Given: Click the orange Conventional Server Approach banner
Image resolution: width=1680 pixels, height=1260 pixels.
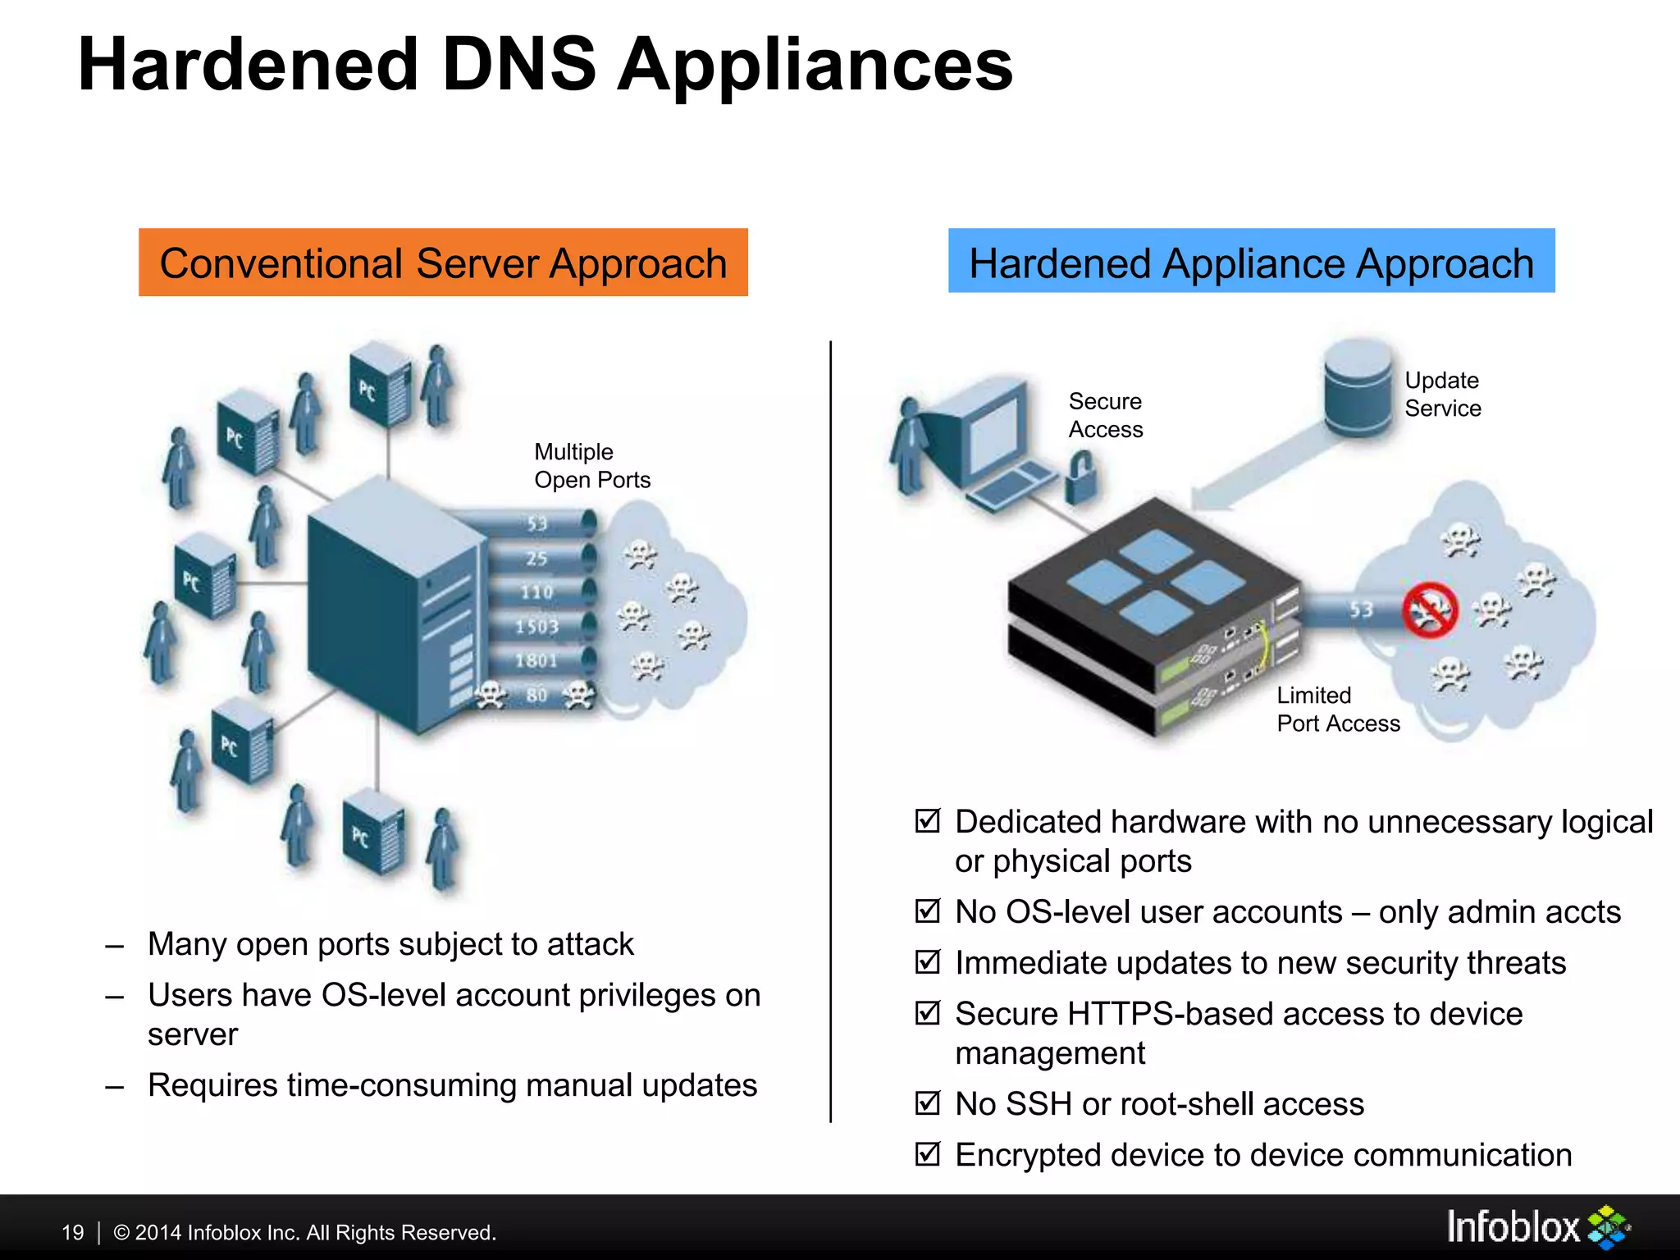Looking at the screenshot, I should (x=443, y=262).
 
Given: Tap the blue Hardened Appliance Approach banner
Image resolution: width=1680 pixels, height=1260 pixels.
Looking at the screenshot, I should (x=1251, y=261).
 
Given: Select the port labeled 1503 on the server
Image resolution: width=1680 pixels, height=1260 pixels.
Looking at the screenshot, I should (x=537, y=627).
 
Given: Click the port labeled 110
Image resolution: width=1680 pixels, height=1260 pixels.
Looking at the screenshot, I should (x=537, y=591).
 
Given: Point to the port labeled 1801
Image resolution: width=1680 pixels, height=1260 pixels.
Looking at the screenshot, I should (x=536, y=660).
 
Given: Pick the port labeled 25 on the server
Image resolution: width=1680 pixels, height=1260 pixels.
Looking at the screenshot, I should (x=537, y=559).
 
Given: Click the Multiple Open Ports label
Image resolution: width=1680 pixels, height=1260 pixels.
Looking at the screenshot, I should (x=591, y=466).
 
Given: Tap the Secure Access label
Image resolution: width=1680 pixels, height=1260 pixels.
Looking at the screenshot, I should (x=1105, y=415).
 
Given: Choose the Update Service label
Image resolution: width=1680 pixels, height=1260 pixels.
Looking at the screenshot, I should (x=1442, y=395).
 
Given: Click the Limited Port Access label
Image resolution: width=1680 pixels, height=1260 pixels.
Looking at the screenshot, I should (x=1338, y=710).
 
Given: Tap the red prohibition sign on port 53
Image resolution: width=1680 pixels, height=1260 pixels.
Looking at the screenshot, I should (x=1430, y=610).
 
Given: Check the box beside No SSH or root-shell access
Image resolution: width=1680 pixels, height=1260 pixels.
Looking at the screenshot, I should (x=927, y=1103).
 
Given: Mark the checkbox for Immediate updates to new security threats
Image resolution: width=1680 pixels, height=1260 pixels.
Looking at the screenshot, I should (x=927, y=961).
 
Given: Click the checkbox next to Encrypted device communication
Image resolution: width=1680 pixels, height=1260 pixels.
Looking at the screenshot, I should (x=927, y=1154).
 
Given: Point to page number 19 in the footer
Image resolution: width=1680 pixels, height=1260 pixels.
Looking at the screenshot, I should (x=73, y=1232).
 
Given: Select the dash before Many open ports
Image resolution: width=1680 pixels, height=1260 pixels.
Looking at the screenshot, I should (x=115, y=946).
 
